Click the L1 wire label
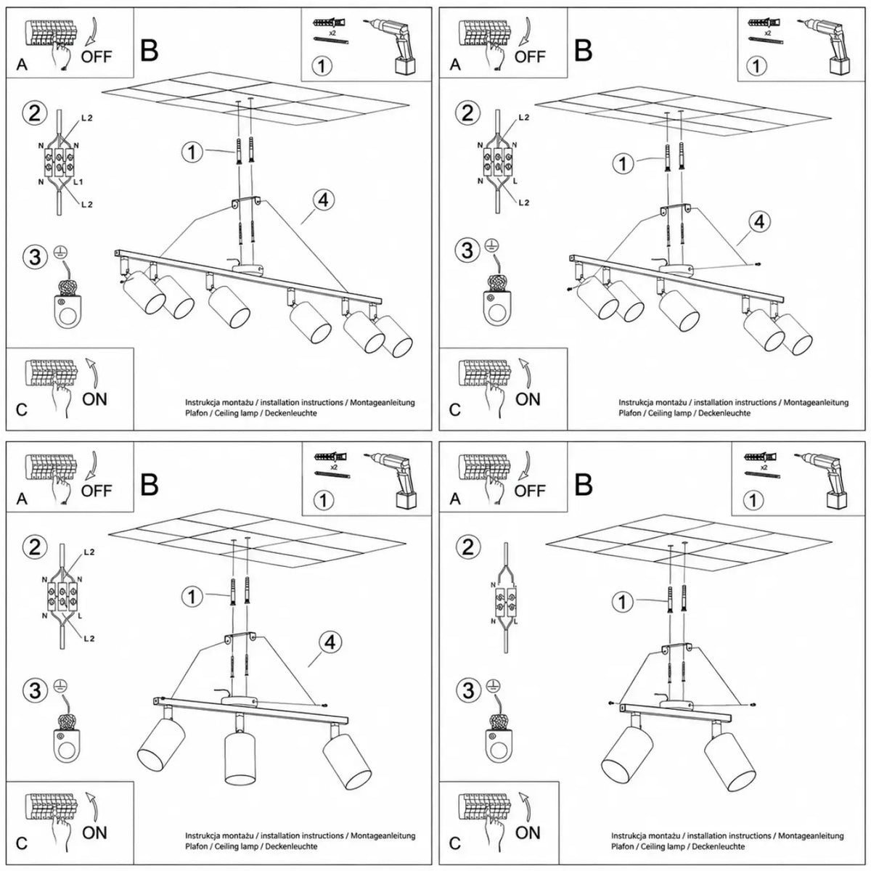pos(78,182)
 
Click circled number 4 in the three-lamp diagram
pos(330,642)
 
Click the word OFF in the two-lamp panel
pos(530,491)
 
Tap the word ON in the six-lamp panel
pos(94,399)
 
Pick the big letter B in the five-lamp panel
pos(583,51)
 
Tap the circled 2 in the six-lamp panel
pos(35,113)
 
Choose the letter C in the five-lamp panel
pos(454,409)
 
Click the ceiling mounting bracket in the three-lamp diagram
pos(240,637)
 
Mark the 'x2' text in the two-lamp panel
pos(764,467)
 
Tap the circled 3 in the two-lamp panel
pos(468,691)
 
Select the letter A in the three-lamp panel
pos(22,499)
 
